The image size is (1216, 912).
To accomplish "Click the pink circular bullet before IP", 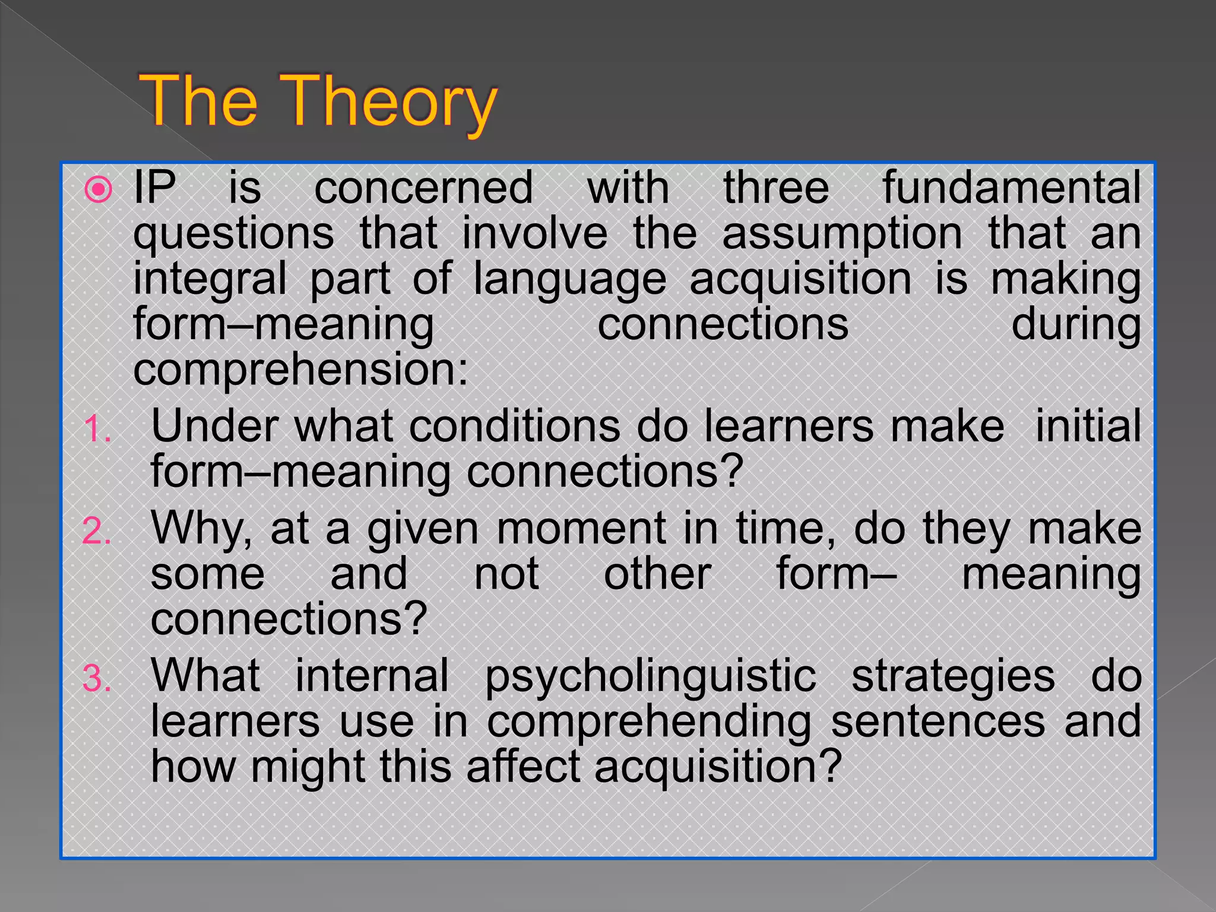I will (x=99, y=191).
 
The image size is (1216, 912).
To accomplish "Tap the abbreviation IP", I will (x=154, y=188).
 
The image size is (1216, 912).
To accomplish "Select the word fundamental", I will (x=1011, y=188).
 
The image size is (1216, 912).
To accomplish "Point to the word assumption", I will (x=842, y=233).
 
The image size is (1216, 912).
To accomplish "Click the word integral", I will (x=210, y=279).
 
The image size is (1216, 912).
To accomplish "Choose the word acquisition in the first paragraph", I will (x=800, y=279).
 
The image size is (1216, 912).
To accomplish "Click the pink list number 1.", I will (x=97, y=429).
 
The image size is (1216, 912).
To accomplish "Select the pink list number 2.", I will (x=97, y=531).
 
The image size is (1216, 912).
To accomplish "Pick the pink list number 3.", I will (x=97, y=679).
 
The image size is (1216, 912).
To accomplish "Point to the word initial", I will (x=1088, y=426).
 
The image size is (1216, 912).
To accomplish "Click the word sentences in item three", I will (x=938, y=722).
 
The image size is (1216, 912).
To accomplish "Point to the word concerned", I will (x=423, y=188).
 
